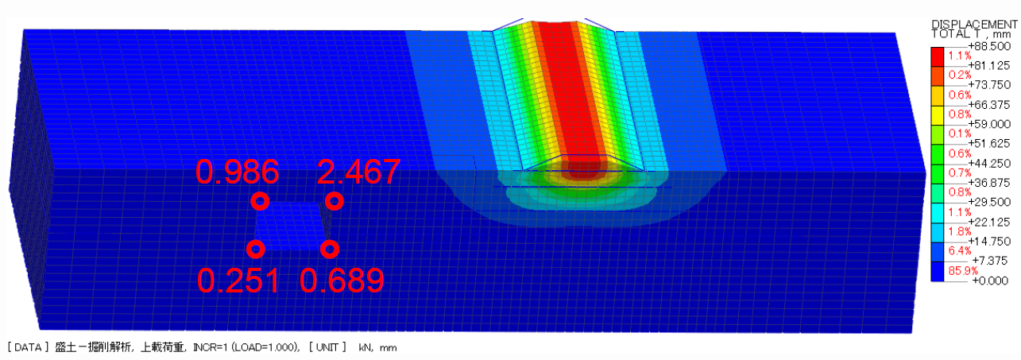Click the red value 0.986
(x=237, y=172)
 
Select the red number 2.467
(x=358, y=172)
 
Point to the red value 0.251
(x=238, y=281)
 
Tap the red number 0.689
(x=342, y=281)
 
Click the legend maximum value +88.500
(x=988, y=46)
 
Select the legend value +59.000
(x=988, y=124)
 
